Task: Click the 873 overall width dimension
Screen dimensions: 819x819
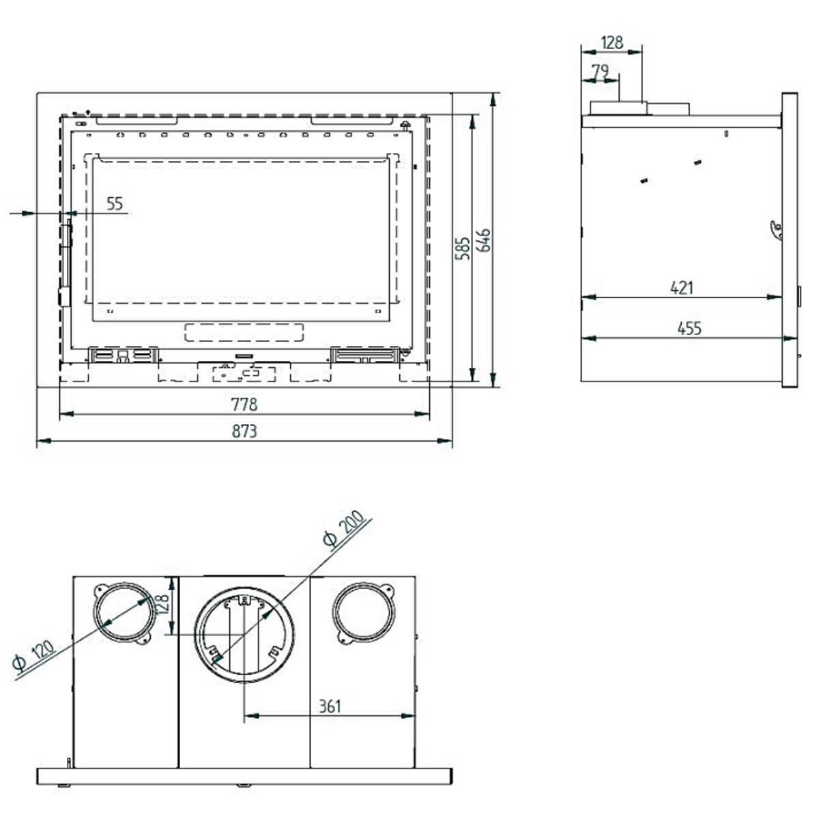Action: point(244,431)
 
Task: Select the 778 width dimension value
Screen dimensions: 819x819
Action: point(244,405)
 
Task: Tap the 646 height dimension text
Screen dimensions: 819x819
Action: point(484,241)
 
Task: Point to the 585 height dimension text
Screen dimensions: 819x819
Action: point(463,249)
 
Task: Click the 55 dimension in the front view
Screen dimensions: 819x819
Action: point(115,203)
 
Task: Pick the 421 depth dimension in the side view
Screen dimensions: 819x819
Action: point(681,288)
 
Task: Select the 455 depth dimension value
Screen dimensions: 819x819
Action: point(689,328)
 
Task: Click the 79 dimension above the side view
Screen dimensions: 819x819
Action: point(600,71)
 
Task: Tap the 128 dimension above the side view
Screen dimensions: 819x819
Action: point(612,42)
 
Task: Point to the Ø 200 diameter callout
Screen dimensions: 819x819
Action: point(344,530)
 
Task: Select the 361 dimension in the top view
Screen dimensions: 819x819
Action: point(330,706)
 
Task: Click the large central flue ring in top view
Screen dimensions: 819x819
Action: point(244,635)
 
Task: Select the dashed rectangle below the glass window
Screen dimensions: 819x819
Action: point(244,333)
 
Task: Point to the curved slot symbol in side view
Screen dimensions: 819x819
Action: point(775,231)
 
